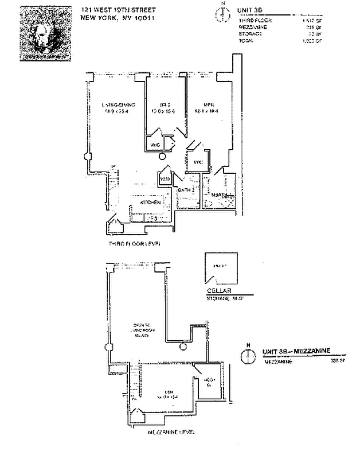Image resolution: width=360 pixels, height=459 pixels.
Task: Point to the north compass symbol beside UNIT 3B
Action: click(x=222, y=14)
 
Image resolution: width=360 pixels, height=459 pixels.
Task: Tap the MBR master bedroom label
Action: click(x=208, y=104)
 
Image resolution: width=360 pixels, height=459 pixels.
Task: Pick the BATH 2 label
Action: click(x=187, y=190)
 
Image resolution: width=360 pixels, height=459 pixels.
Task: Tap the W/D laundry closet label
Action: click(x=165, y=180)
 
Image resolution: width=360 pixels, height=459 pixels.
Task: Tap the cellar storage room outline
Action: click(x=221, y=269)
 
